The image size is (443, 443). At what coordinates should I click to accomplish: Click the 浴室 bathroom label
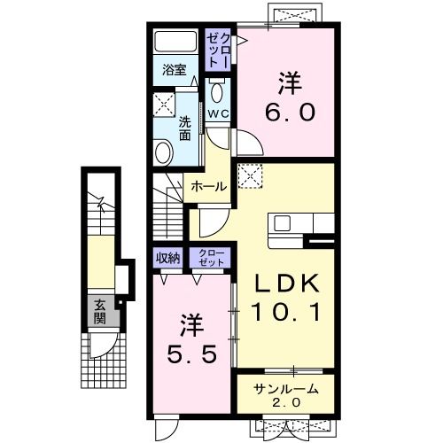[x=174, y=70]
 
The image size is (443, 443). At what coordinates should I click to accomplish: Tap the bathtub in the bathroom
[x=175, y=41]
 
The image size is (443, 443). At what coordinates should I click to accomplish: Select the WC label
[x=218, y=113]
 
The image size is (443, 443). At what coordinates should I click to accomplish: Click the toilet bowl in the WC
[x=218, y=92]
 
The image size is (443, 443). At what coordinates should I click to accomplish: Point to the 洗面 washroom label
[x=184, y=128]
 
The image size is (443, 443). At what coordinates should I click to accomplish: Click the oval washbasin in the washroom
[x=164, y=152]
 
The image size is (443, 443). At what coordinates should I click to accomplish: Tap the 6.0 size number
[x=290, y=113]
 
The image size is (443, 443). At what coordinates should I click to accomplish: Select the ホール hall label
[x=209, y=186]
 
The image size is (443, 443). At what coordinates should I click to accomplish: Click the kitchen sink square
[x=283, y=223]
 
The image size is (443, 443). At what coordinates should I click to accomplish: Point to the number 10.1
[x=285, y=313]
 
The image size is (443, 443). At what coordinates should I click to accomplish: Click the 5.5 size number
[x=192, y=354]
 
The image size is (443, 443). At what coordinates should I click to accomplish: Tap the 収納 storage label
[x=167, y=258]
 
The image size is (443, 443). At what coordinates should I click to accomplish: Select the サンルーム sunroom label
[x=286, y=390]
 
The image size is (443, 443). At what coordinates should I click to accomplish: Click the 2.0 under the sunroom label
[x=286, y=402]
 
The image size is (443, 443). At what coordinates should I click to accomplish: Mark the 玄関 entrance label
[x=100, y=312]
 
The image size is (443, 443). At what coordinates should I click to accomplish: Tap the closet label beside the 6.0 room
[x=218, y=50]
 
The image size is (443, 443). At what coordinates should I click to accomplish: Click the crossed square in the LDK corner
[x=251, y=176]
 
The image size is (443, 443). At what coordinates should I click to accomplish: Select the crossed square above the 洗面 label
[x=164, y=105]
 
